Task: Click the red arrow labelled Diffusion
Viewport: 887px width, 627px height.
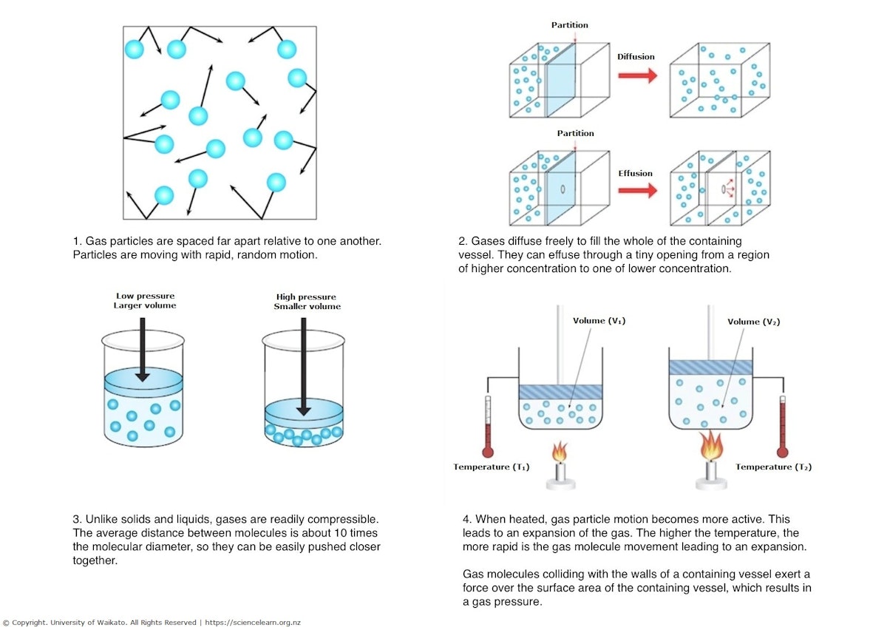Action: [x=636, y=75]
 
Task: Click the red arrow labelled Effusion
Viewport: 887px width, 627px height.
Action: [x=636, y=191]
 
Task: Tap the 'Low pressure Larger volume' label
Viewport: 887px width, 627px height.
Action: [x=145, y=301]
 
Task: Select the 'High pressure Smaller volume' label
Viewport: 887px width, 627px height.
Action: [x=307, y=301]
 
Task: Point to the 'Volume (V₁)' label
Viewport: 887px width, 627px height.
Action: [x=599, y=321]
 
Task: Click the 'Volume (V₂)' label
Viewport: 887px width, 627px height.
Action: [x=753, y=321]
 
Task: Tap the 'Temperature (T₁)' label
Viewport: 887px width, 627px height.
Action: [x=492, y=467]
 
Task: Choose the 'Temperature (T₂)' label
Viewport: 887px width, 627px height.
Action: [x=773, y=467]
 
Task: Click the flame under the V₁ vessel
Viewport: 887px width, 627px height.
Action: [x=560, y=450]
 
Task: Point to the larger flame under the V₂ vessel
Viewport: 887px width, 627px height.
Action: [x=711, y=446]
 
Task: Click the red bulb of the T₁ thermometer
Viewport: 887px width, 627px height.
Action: [x=487, y=451]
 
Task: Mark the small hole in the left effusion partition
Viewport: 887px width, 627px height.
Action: [x=563, y=189]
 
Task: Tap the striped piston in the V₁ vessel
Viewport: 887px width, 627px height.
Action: [x=560, y=393]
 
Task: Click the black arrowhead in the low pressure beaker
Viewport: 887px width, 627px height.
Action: [x=142, y=376]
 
